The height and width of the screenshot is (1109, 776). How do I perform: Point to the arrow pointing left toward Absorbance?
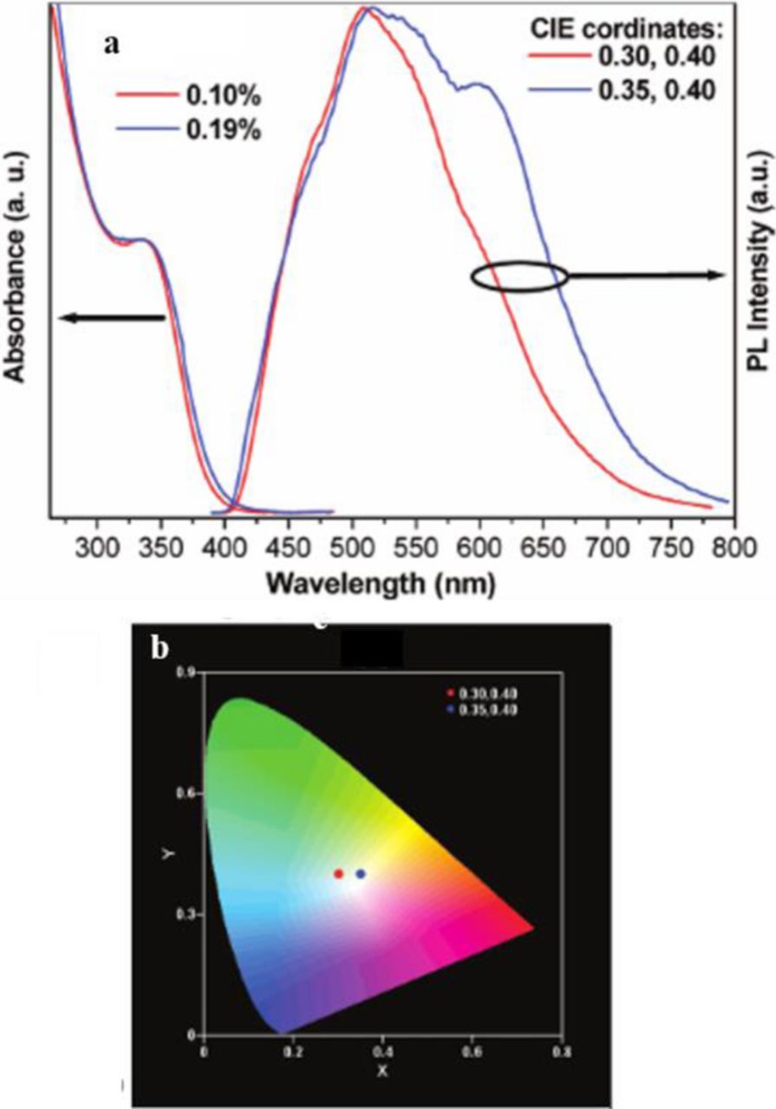pos(111,318)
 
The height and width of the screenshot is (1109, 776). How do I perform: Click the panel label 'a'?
pos(110,46)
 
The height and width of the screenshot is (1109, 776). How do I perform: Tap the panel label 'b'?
pos(160,648)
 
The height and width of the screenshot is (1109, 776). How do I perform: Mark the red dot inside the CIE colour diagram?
pos(339,874)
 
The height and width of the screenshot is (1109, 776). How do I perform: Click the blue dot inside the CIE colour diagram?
pos(361,874)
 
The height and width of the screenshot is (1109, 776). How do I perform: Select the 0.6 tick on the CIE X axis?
pos(473,1050)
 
